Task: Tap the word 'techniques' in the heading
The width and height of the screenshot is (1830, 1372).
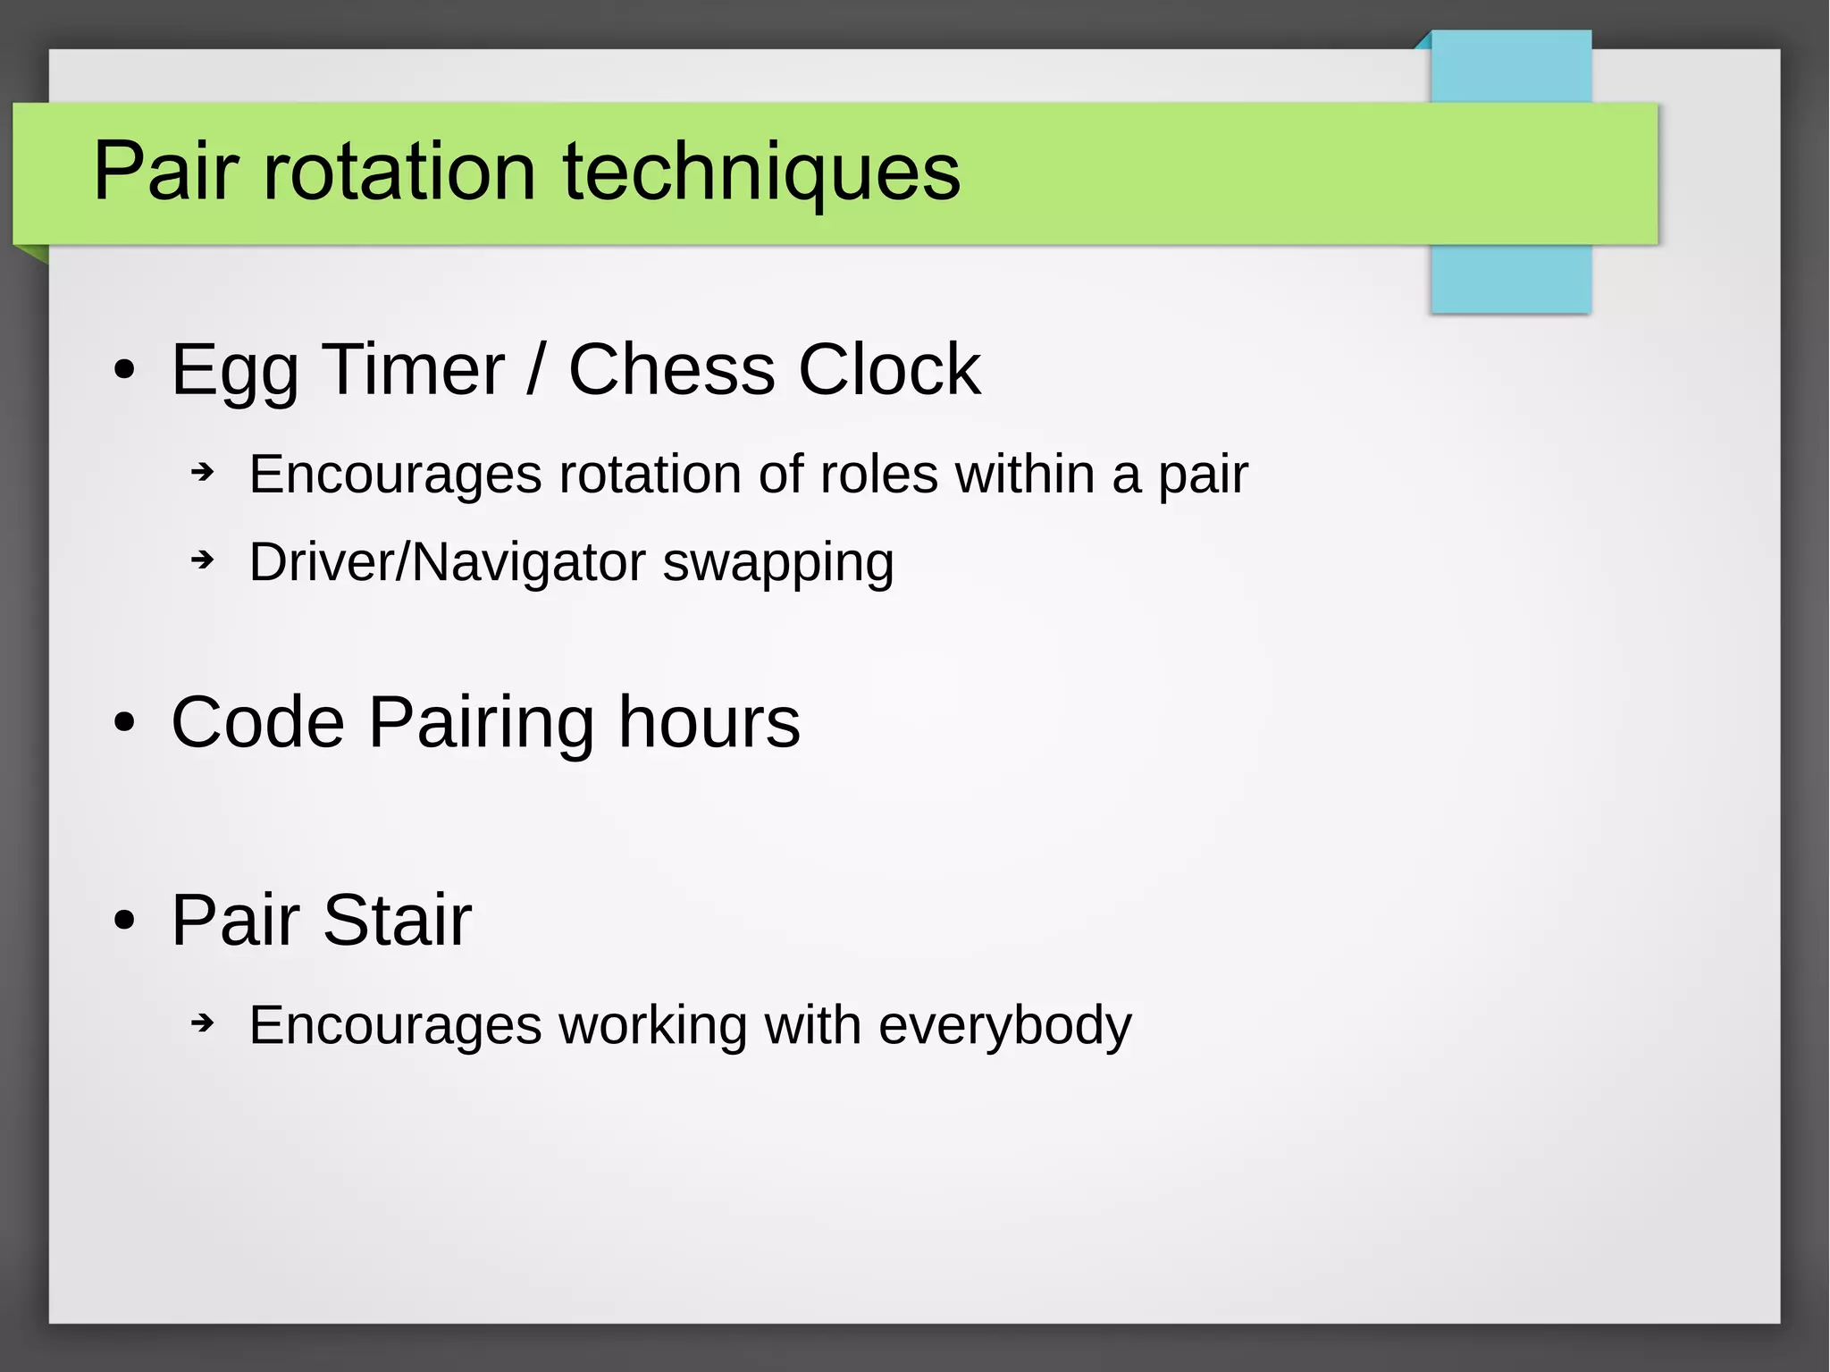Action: tap(761, 173)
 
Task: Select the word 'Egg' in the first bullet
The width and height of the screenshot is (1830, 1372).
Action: tap(235, 371)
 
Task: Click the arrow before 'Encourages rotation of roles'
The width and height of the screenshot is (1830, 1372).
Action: tap(204, 472)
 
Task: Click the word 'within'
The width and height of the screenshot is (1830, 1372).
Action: tap(1025, 474)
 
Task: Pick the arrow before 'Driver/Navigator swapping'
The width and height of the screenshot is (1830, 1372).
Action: tap(204, 561)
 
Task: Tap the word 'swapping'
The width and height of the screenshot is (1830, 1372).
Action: tap(777, 563)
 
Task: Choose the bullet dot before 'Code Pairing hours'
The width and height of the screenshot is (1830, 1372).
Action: tap(125, 723)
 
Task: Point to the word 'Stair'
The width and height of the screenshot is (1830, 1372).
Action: tap(396, 920)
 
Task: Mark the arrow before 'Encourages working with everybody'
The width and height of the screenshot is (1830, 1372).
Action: tap(204, 1023)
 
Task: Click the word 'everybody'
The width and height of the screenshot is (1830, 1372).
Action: tap(1004, 1025)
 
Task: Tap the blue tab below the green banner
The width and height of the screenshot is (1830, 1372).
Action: tap(1510, 279)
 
